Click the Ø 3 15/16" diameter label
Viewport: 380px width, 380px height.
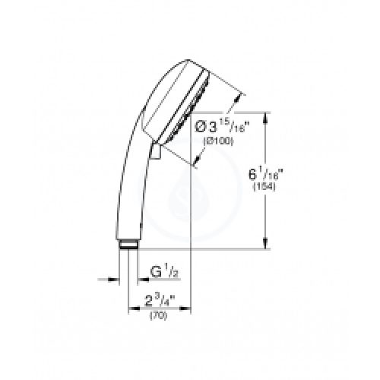click(220, 126)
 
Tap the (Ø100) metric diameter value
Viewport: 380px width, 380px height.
click(218, 141)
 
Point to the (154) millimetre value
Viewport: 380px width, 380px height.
click(264, 187)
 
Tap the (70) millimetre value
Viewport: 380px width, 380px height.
click(159, 315)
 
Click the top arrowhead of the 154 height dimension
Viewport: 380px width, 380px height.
click(265, 117)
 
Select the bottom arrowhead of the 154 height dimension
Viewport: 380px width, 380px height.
click(265, 244)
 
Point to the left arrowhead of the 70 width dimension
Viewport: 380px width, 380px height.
click(134, 309)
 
